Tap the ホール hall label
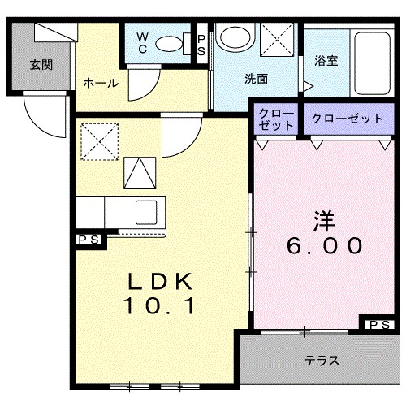(x=101, y=83)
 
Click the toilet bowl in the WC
(x=171, y=44)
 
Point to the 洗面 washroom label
(x=257, y=80)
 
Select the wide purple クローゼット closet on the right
(x=347, y=119)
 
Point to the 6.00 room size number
(x=323, y=244)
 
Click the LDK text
(x=160, y=282)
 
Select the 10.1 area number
(x=160, y=307)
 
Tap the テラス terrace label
(x=322, y=361)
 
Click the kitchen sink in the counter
(x=147, y=210)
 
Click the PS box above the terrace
(x=378, y=325)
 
